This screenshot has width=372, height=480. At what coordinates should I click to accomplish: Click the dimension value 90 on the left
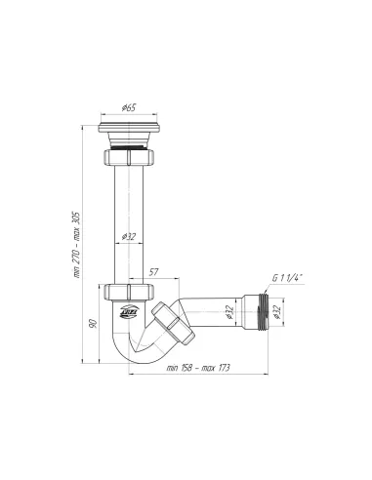(x=92, y=325)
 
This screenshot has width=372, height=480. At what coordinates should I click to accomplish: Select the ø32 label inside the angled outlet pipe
(x=226, y=314)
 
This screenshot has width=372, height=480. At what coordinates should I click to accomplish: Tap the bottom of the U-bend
(x=146, y=360)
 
